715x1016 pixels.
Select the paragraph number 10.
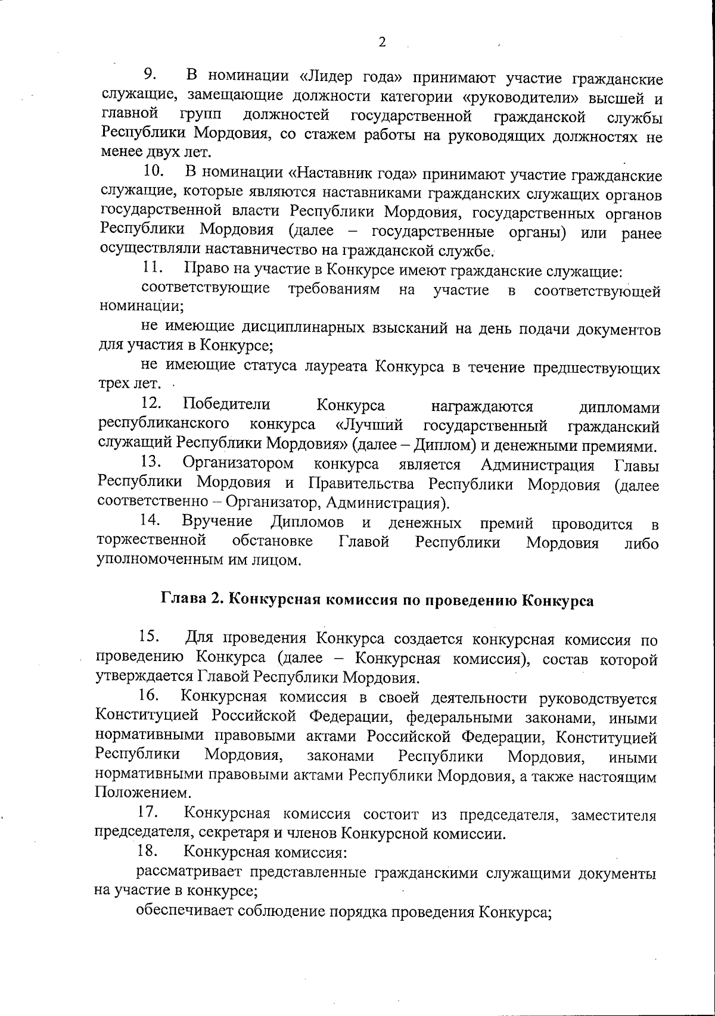tap(154, 172)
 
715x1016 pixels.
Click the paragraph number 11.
tap(153, 269)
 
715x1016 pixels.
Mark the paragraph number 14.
tap(151, 521)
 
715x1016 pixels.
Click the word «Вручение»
tap(217, 522)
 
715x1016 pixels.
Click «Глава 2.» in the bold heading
tap(192, 600)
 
